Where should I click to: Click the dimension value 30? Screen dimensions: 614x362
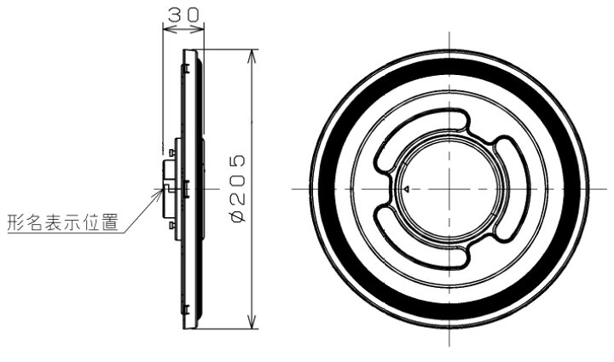pos(183,14)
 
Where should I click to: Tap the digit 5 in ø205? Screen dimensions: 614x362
pos(238,161)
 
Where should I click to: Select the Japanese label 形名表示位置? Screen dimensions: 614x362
pos(62,222)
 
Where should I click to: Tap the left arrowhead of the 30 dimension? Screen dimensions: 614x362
pos(169,29)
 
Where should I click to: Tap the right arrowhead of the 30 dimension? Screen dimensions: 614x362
pos(198,29)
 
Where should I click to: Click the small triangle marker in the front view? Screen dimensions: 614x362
pos(407,189)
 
